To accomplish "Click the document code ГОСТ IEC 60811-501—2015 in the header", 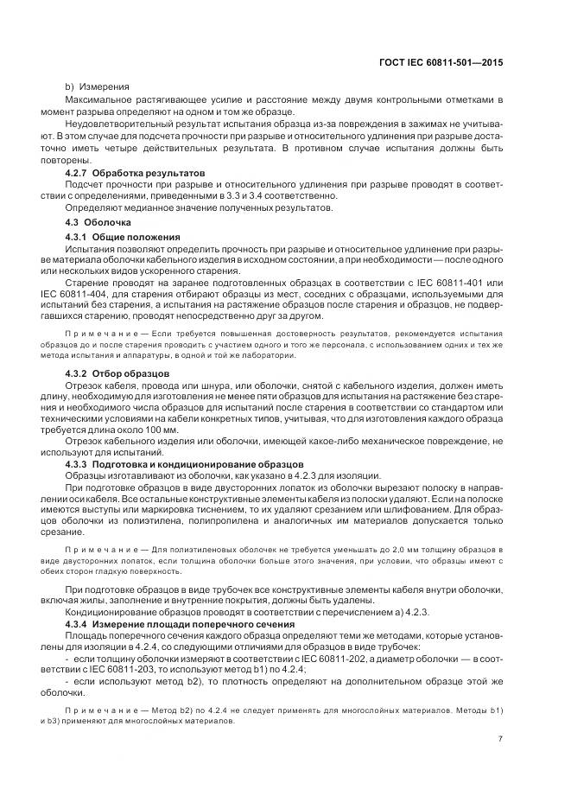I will coord(441,62).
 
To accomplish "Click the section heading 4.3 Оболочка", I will coord(94,223).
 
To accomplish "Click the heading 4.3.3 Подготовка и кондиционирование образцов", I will coord(180,464).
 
